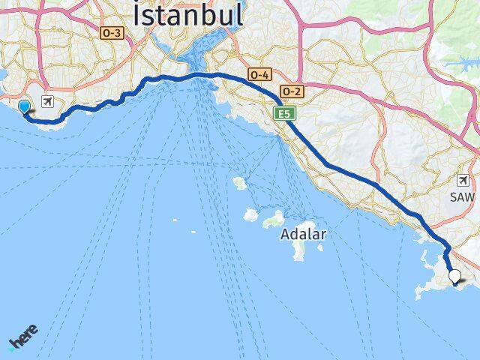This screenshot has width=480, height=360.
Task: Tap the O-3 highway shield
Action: (x=111, y=33)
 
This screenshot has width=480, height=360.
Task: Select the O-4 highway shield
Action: (x=259, y=75)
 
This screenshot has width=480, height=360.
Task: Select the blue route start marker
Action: (x=24, y=108)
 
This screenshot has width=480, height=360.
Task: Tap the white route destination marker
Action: (x=454, y=277)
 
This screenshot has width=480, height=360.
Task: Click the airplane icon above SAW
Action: (x=463, y=180)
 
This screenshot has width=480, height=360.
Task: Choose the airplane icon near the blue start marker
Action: (x=49, y=102)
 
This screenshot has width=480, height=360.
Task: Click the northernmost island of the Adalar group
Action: (x=240, y=182)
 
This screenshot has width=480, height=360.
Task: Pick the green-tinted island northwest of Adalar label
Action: (x=274, y=220)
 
